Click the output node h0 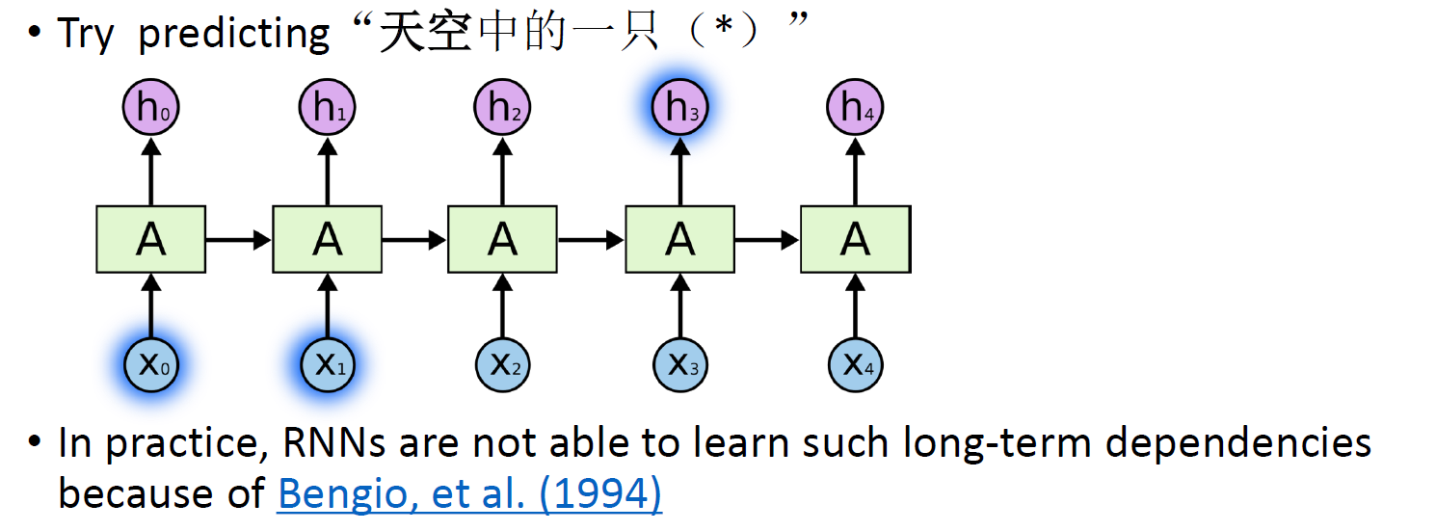point(150,108)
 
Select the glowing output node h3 point(679,108)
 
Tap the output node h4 point(856,108)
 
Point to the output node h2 point(503,108)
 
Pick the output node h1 point(328,108)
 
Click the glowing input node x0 point(152,365)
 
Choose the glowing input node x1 point(329,365)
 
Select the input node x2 point(503,365)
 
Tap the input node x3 point(679,365)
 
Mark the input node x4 point(856,365)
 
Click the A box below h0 point(150,238)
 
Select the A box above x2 point(503,238)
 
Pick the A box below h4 point(856,238)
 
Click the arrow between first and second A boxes point(239,239)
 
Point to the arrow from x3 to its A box point(680,305)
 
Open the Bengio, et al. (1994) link point(469,493)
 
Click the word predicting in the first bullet point(233,34)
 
